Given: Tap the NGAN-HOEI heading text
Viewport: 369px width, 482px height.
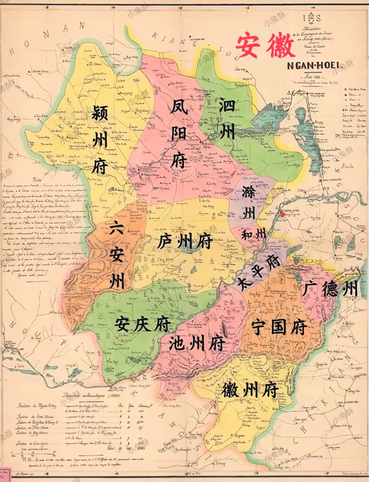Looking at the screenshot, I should click(x=313, y=66).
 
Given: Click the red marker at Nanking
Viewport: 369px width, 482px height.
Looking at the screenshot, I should click(x=282, y=214).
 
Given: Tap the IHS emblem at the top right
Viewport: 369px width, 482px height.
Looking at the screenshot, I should click(x=312, y=18).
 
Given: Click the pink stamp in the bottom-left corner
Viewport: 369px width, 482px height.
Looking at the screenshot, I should click(x=5, y=475).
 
